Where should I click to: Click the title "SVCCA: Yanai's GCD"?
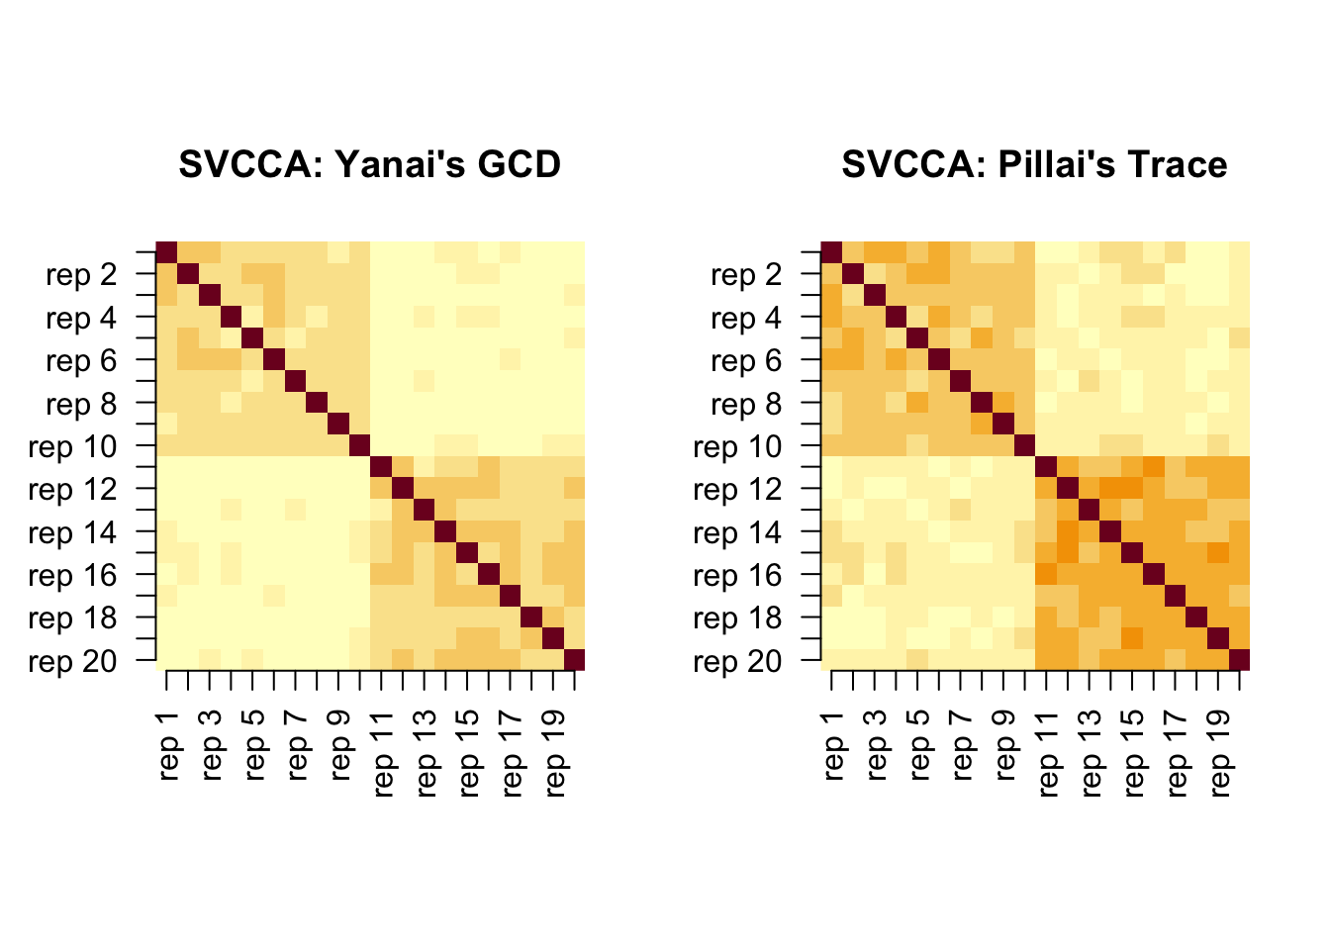[x=369, y=164]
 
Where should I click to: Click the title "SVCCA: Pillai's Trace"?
[x=1034, y=164]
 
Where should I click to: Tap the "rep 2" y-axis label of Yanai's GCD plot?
[x=81, y=275]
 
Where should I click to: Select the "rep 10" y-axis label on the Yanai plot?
[x=72, y=446]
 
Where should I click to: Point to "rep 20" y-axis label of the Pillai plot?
[x=737, y=661]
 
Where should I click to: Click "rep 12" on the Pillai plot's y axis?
[x=737, y=490]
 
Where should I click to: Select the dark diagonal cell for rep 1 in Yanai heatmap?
[x=167, y=252]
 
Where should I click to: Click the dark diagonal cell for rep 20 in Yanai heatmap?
[x=575, y=660]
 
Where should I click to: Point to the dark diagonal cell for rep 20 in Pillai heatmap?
[x=1240, y=660]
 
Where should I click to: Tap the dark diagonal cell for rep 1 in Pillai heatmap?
[x=832, y=252]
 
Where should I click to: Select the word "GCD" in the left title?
[x=519, y=164]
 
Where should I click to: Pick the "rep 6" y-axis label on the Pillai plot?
[x=746, y=361]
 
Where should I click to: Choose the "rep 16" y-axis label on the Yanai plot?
[x=72, y=575]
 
